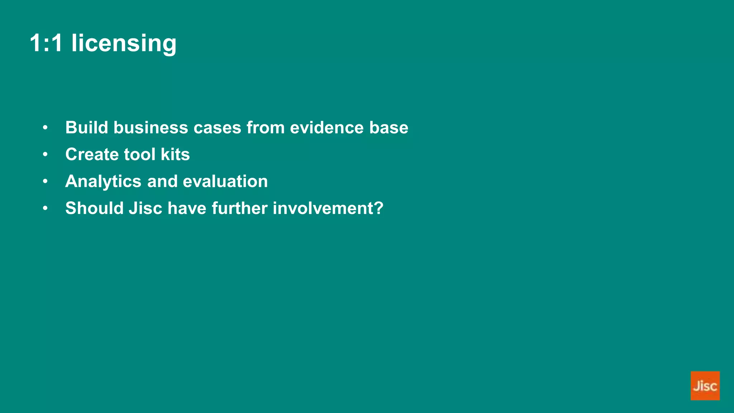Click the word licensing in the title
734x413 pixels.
coord(124,43)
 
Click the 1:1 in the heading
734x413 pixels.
coord(46,43)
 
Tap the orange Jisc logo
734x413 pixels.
coord(705,386)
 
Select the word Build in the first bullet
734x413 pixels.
coord(86,128)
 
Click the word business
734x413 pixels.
coord(151,128)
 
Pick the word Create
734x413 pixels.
coord(92,155)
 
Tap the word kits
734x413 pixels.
coord(175,155)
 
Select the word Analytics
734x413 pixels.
coord(103,181)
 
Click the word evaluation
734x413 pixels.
coord(225,181)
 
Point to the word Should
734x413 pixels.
coord(94,208)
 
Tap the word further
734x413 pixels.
coord(239,208)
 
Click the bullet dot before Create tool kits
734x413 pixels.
coord(45,155)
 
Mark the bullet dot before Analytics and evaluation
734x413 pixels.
coord(45,181)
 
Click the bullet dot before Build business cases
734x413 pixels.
coord(45,128)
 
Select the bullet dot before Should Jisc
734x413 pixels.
coord(45,208)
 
